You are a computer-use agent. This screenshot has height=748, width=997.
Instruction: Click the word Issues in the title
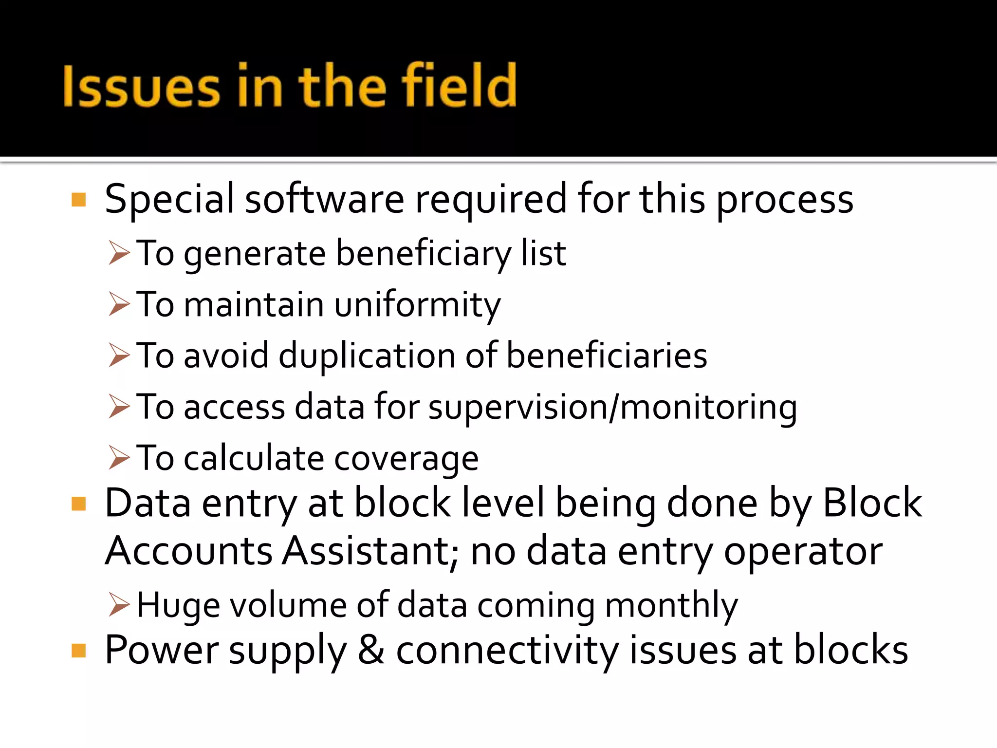141,87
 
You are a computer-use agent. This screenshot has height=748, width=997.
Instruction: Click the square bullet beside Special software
78,200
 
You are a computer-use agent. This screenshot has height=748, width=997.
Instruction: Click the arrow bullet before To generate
119,253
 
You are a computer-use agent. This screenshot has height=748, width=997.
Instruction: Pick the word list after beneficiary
543,253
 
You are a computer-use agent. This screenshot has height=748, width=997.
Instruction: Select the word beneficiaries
607,355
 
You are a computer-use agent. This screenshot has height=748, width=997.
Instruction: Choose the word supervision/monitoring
612,407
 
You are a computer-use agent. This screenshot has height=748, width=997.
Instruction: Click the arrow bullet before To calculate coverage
119,458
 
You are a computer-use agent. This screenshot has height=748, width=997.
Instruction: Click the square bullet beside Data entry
78,504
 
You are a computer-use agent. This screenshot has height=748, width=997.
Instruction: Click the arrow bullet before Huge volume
119,605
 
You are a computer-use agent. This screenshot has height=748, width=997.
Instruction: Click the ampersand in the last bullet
371,650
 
